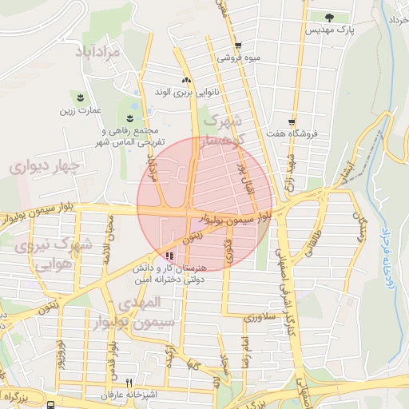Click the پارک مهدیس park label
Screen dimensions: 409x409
pyautogui.click(x=329, y=30)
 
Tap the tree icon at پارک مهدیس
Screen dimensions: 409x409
pyautogui.click(x=331, y=16)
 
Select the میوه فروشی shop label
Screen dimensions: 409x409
pyautogui.click(x=237, y=58)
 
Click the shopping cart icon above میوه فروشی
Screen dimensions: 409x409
pyautogui.click(x=238, y=46)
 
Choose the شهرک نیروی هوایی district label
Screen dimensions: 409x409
pyautogui.click(x=61, y=253)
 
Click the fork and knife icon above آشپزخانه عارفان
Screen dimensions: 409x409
pyautogui.click(x=129, y=383)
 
